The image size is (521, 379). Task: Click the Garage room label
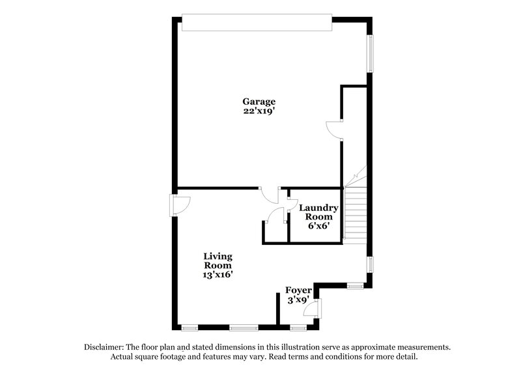click(x=259, y=102)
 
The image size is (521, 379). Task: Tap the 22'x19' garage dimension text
click(x=259, y=111)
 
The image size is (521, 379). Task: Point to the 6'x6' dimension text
click(x=318, y=226)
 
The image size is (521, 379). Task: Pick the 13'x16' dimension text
click(x=218, y=275)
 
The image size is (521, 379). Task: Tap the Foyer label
click(x=300, y=290)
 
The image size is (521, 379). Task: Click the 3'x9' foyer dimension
click(x=300, y=300)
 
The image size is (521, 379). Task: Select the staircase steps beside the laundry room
click(x=356, y=215)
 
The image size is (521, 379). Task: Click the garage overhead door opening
click(x=257, y=23)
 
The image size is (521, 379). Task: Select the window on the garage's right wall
click(x=371, y=53)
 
